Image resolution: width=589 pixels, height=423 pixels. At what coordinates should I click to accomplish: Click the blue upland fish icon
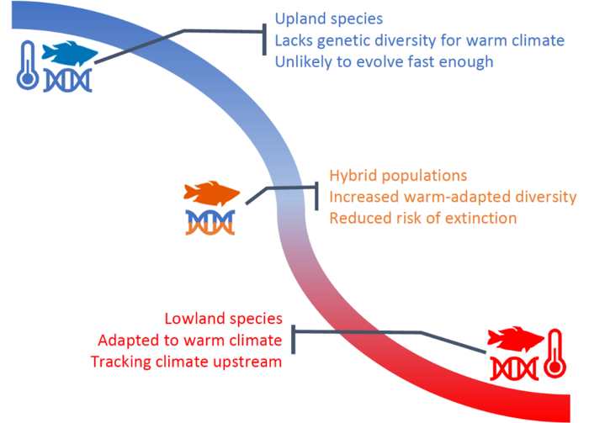(x=70, y=53)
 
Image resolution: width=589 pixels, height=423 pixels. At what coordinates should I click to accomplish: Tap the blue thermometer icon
(x=28, y=66)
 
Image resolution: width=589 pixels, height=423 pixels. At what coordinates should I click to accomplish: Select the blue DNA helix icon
(x=68, y=81)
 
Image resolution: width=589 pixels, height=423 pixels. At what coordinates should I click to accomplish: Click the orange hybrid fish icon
(x=211, y=193)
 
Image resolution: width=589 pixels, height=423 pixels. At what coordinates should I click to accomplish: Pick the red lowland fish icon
(x=515, y=339)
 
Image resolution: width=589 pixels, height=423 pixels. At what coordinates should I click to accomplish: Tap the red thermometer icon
(x=555, y=353)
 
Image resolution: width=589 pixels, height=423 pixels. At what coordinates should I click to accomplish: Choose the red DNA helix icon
(x=515, y=368)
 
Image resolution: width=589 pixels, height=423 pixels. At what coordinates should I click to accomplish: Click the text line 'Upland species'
(x=329, y=19)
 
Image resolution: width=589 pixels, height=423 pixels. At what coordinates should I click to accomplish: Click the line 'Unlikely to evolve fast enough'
(x=384, y=62)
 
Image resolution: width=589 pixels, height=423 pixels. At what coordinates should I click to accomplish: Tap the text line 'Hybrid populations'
(x=398, y=176)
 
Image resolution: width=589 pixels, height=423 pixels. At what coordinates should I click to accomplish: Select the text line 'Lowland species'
(x=224, y=319)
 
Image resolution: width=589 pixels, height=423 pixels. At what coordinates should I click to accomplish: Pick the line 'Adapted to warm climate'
(x=190, y=341)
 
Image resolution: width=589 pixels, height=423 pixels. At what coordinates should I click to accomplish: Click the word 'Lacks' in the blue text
(x=294, y=40)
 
